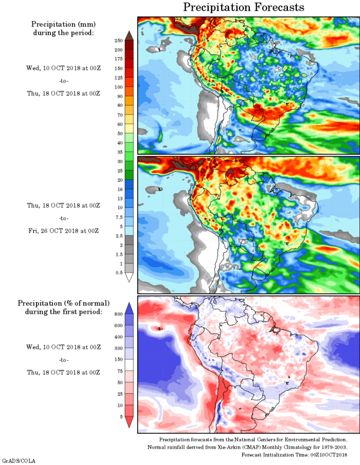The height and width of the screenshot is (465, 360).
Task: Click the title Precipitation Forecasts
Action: [x=244, y=7]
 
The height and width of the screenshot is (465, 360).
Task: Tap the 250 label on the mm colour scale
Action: [x=118, y=40]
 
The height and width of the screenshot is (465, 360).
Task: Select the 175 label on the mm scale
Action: [x=118, y=59]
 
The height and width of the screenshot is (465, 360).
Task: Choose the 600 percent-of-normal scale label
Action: [x=118, y=326]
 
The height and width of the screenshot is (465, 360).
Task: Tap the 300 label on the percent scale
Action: [x=118, y=348]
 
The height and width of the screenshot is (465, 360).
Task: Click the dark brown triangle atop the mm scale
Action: [x=129, y=35]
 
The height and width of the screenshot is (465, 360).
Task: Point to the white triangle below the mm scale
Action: [x=129, y=277]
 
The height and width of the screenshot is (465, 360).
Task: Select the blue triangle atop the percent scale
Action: [x=129, y=307]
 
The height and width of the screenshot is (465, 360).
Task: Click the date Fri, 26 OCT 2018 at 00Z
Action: [x=63, y=231]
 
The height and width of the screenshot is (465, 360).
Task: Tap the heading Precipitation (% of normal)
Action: [x=63, y=303]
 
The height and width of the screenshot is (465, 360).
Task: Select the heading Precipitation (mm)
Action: [x=63, y=24]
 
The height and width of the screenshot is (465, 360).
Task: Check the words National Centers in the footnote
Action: [x=249, y=440]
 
